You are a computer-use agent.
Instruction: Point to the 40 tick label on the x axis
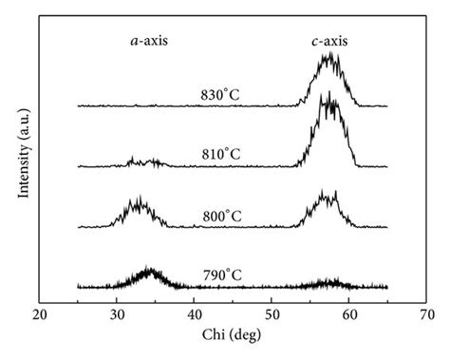tap(195, 313)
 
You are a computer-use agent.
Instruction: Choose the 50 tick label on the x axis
tap(272, 313)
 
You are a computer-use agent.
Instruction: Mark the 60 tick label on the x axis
tap(349, 313)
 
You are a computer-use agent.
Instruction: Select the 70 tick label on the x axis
tap(426, 313)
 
